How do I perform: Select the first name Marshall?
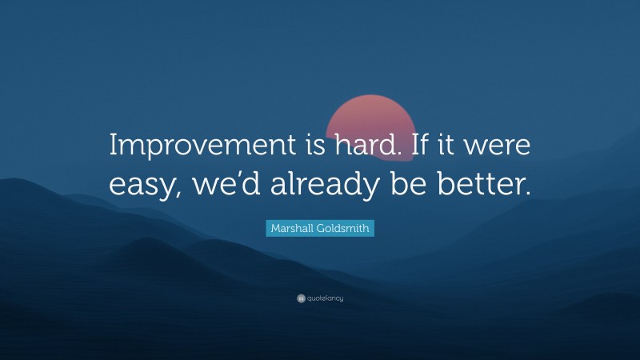(293, 229)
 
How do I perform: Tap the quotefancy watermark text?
(325, 298)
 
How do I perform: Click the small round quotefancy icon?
(301, 298)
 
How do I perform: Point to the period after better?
(527, 194)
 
